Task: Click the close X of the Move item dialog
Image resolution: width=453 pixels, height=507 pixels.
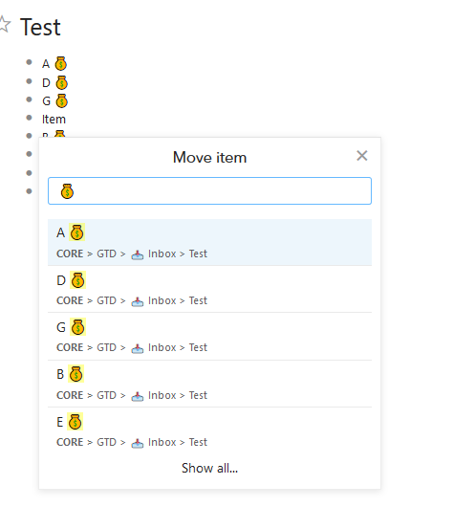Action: point(362,156)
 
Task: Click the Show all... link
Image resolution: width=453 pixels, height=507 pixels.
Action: point(209,468)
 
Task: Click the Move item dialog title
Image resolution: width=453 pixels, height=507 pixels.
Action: point(209,158)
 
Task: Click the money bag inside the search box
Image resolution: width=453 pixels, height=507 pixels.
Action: point(67,191)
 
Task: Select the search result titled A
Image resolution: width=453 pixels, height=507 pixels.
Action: point(209,242)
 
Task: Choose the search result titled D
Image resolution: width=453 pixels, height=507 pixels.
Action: point(209,289)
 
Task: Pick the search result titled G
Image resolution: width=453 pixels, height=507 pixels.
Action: point(209,337)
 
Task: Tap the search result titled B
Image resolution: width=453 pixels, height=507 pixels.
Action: point(209,384)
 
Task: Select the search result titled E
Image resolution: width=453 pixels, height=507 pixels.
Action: point(209,430)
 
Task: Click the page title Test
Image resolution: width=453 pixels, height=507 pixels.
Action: point(40,27)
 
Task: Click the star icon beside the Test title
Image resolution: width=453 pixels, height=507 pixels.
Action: point(4,24)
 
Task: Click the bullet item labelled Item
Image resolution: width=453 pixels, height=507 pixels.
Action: point(54,120)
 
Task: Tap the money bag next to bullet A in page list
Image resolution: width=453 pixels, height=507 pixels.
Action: point(61,63)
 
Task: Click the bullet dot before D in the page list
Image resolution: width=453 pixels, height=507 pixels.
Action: point(29,81)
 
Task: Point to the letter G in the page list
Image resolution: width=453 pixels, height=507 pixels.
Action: point(46,101)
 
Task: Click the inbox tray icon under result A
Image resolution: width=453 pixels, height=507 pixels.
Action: point(138,254)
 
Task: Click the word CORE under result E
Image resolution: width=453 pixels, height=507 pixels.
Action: point(70,442)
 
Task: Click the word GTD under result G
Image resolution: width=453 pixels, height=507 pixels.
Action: point(106,347)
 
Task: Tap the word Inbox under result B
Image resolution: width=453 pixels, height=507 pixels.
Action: point(162,395)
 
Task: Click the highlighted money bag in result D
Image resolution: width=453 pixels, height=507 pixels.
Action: point(77,280)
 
